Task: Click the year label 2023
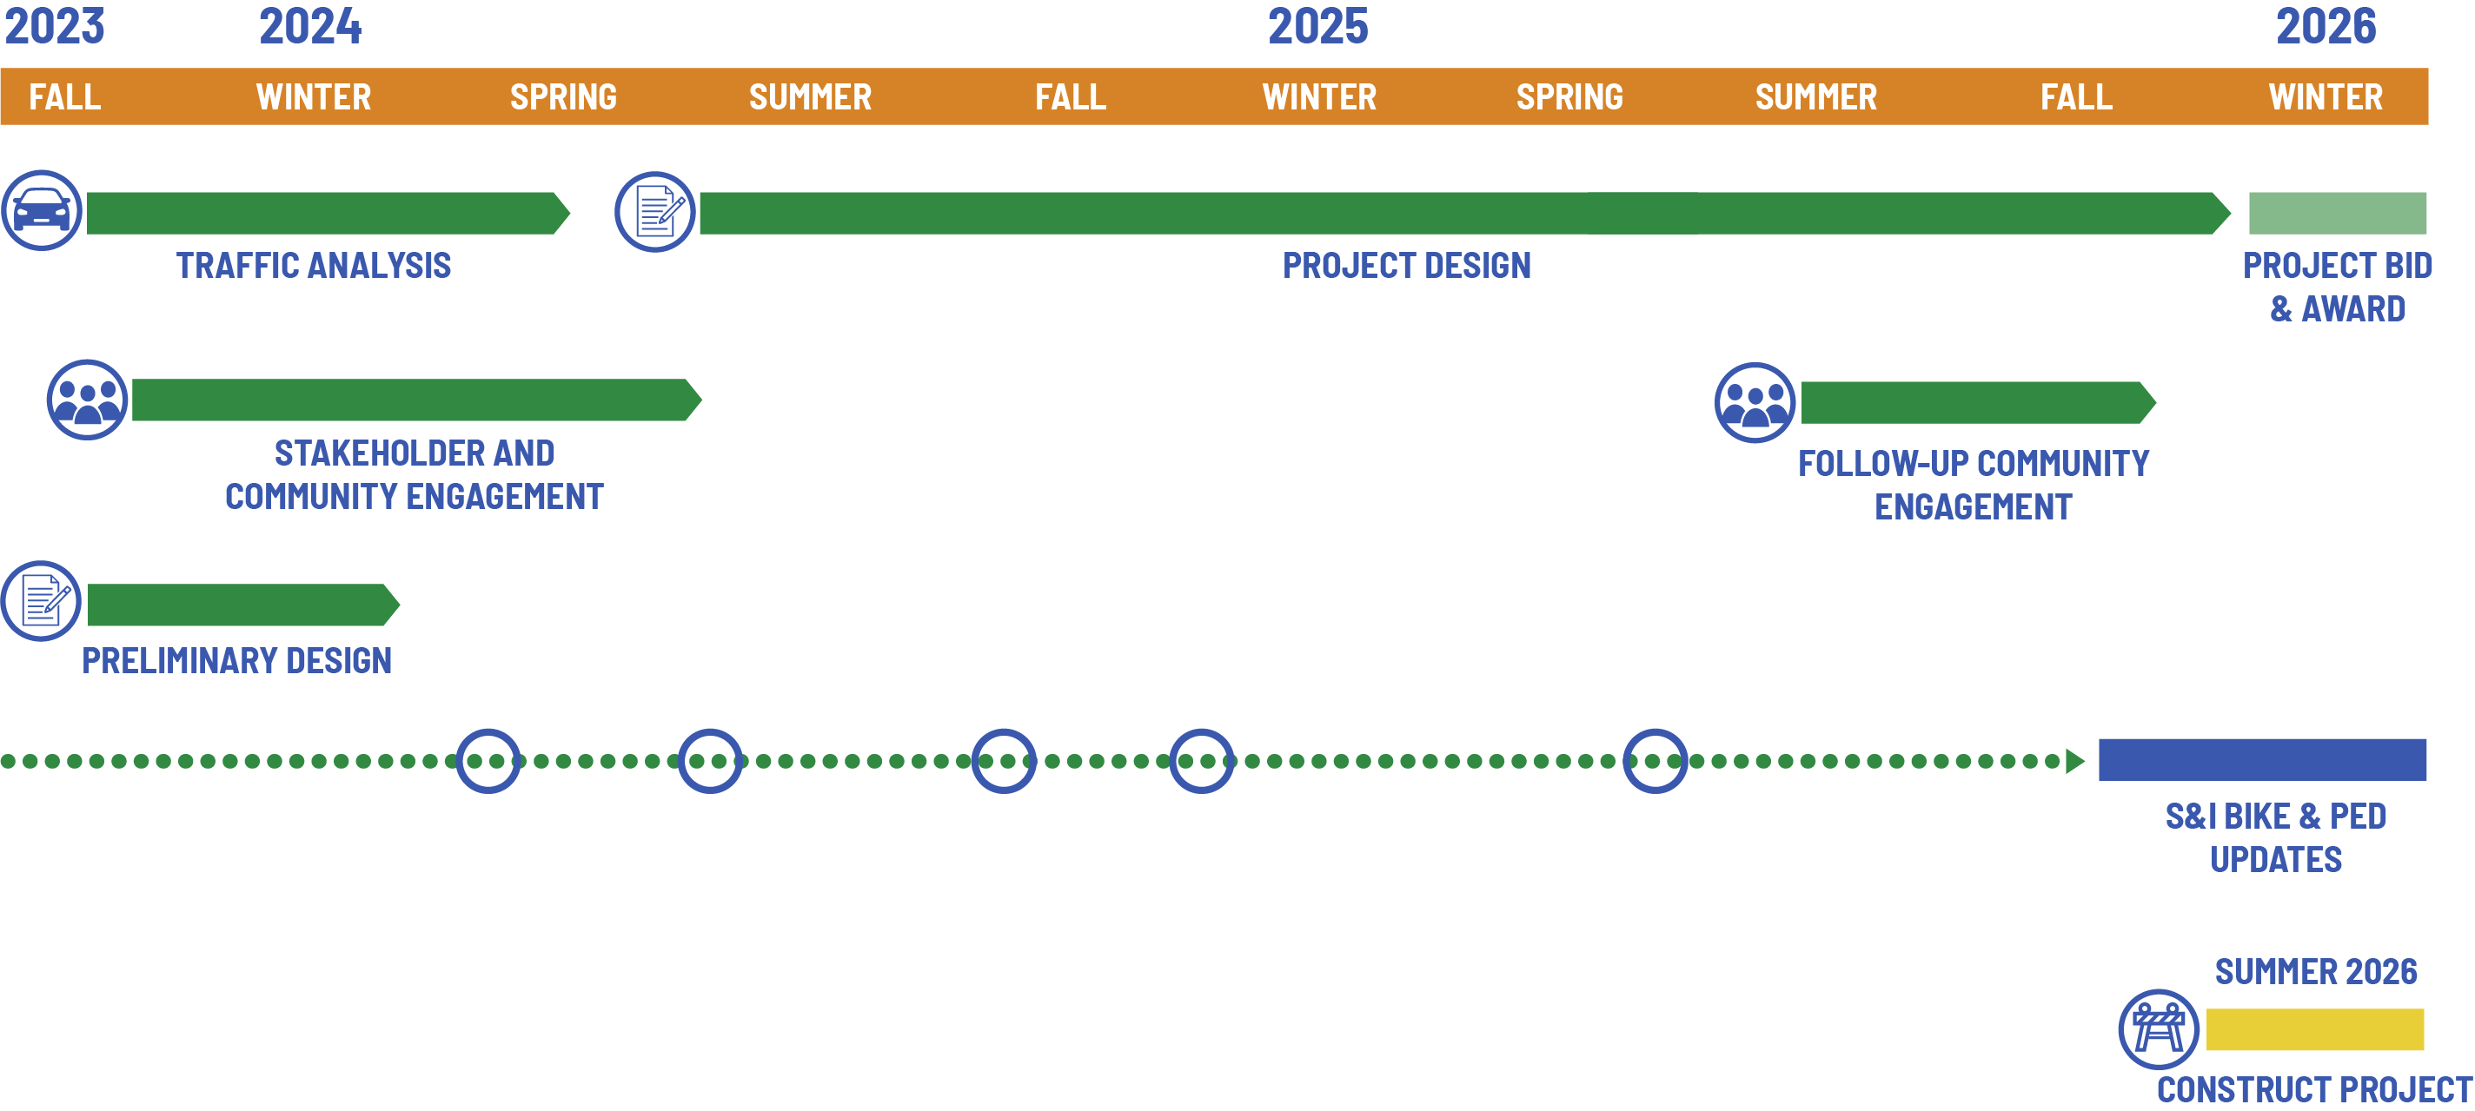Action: (x=54, y=26)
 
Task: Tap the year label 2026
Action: (x=2326, y=26)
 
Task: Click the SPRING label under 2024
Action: (x=563, y=97)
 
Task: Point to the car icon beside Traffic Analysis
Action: (x=42, y=210)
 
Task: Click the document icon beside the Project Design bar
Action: (x=655, y=212)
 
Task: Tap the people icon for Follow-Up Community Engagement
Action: (x=1755, y=402)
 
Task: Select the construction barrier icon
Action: (x=2158, y=1029)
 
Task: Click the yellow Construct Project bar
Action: (x=2313, y=1029)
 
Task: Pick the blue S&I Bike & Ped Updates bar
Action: (x=2262, y=759)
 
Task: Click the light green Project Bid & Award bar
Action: (x=2337, y=213)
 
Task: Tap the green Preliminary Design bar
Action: (x=240, y=605)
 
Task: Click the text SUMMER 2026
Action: (x=2315, y=972)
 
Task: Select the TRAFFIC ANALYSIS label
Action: (x=313, y=266)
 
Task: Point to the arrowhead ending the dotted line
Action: (x=2075, y=762)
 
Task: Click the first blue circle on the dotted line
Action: (x=488, y=762)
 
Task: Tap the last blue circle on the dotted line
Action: (x=1655, y=762)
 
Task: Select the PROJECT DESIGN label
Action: (x=1407, y=266)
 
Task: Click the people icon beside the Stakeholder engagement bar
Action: (x=88, y=400)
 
